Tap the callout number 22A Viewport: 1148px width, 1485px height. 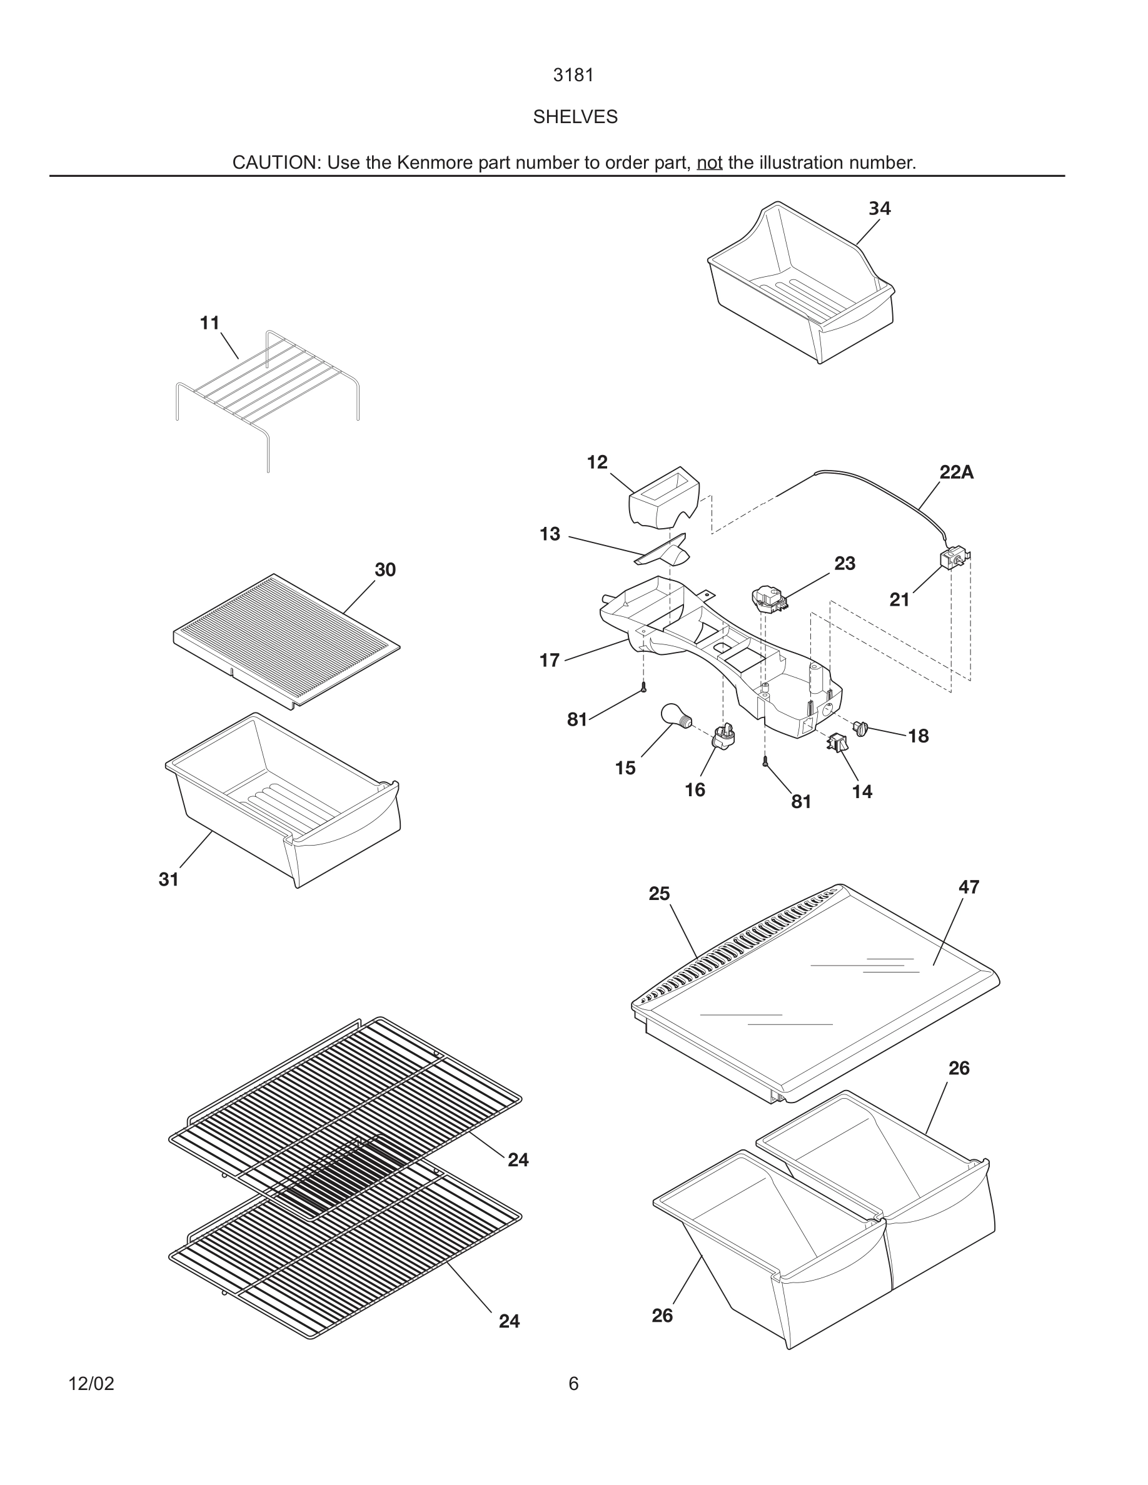click(956, 472)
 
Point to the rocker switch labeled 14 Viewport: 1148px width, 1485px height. click(838, 742)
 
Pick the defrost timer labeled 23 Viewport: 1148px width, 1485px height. click(768, 598)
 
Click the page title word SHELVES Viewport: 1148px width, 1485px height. click(575, 117)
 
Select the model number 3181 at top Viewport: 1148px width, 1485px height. click(573, 76)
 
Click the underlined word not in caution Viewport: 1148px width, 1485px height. click(708, 163)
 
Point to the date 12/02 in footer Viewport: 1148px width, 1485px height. click(91, 1384)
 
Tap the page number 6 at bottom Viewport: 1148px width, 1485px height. click(573, 1384)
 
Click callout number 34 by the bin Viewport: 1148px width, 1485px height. click(879, 209)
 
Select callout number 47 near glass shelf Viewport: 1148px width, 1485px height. click(969, 887)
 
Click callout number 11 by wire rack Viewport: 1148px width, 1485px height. click(209, 323)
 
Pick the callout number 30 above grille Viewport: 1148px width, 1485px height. click(385, 570)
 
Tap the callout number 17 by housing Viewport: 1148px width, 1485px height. click(549, 660)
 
